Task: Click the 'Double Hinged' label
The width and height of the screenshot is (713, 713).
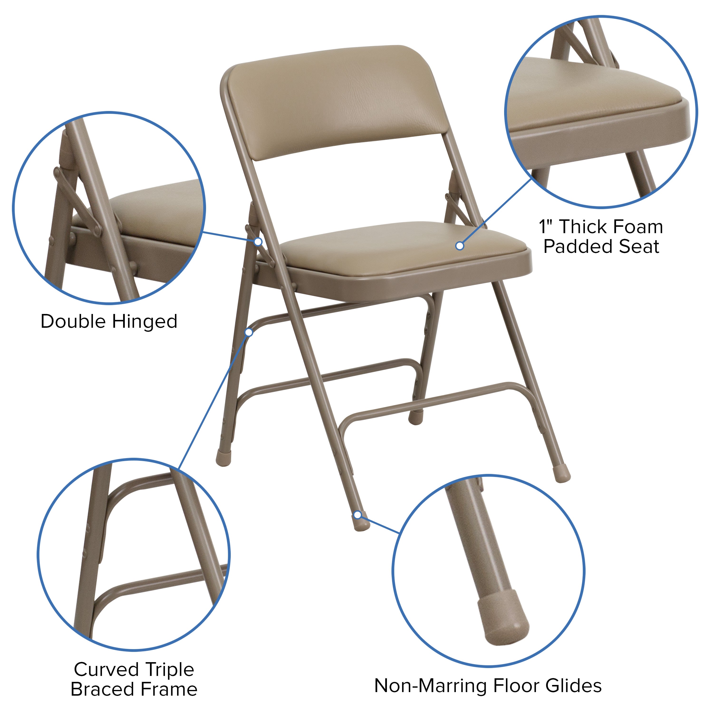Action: [x=109, y=321]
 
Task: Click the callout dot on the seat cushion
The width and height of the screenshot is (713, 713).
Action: [x=459, y=246]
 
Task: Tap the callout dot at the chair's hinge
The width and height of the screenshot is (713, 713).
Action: [x=258, y=242]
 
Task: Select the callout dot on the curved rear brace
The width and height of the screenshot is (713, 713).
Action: [x=249, y=332]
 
